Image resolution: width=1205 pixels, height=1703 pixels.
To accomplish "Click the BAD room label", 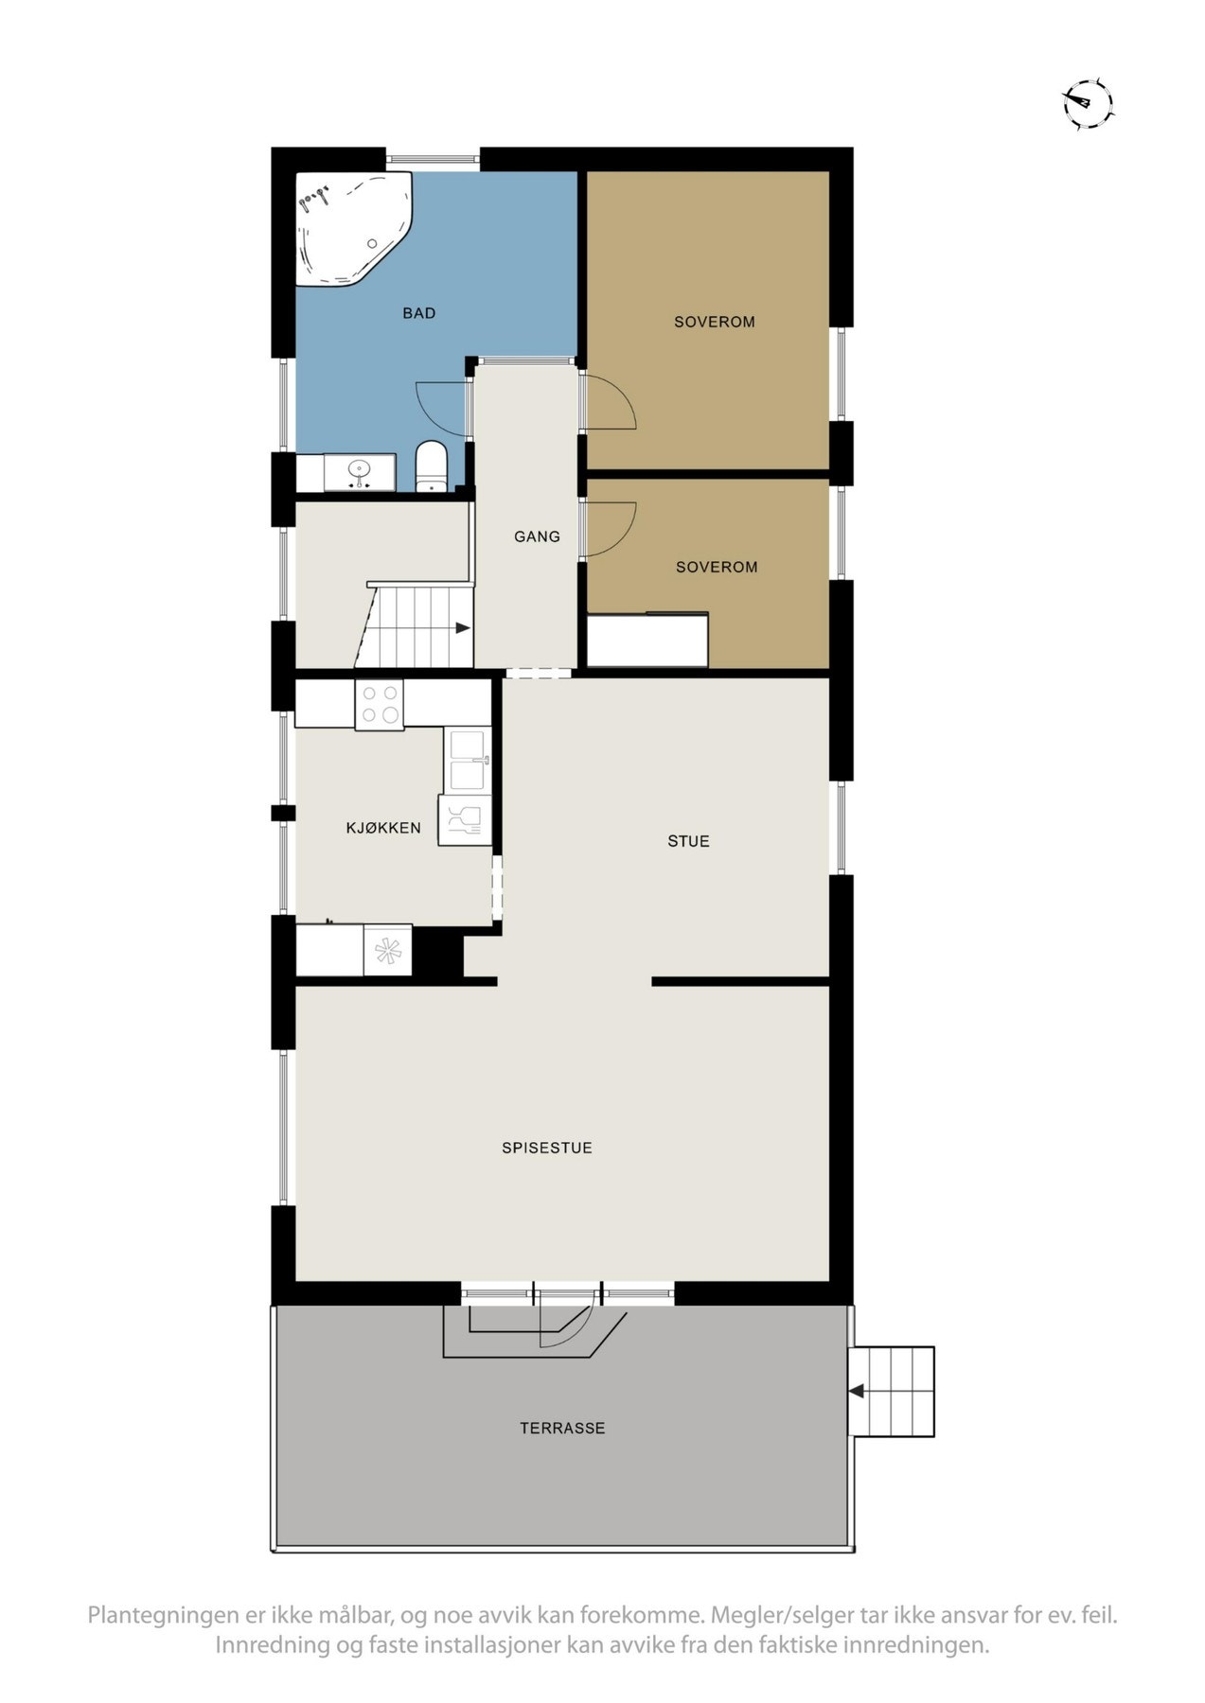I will (418, 313).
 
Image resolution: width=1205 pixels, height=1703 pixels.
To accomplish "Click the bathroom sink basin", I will (359, 469).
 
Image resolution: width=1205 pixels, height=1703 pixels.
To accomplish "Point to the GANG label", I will (537, 536).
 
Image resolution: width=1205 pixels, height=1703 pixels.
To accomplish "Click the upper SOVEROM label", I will (714, 322).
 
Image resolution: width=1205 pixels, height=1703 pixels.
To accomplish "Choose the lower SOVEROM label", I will (716, 567).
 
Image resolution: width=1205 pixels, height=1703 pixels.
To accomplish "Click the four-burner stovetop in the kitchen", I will (380, 704).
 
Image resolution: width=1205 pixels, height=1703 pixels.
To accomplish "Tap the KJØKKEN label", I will (383, 828).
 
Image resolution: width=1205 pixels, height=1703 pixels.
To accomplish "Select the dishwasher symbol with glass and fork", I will (465, 819).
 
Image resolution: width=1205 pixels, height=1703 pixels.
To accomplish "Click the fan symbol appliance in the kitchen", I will (388, 950).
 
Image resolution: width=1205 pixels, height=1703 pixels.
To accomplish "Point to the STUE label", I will (688, 841).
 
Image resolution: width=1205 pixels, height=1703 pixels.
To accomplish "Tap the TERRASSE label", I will (562, 1428).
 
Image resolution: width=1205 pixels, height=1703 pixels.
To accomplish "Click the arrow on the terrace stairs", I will (857, 1392).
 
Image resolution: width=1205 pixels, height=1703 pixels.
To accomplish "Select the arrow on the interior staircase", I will (462, 628).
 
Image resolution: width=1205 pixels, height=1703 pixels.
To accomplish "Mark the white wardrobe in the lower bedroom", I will (647, 641).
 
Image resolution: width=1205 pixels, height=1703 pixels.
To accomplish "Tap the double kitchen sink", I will (469, 760).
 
